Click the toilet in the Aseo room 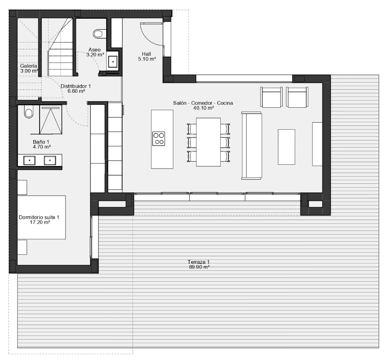coord(100,34)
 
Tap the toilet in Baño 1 coord(29,111)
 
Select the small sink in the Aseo coord(113,61)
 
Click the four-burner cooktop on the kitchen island coord(158,139)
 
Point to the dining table coord(208,142)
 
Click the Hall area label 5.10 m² coord(147,59)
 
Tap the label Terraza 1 coord(198,262)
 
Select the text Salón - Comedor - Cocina coord(203,103)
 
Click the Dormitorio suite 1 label coord(39,217)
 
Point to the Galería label coord(29,66)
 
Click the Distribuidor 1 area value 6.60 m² coord(76,91)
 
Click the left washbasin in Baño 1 coord(29,160)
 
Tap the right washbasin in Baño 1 coord(50,160)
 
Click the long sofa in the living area coord(252,146)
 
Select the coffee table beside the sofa coord(287,147)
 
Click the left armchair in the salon coord(271,97)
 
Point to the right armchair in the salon coord(297,97)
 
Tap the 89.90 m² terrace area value coord(199,267)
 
